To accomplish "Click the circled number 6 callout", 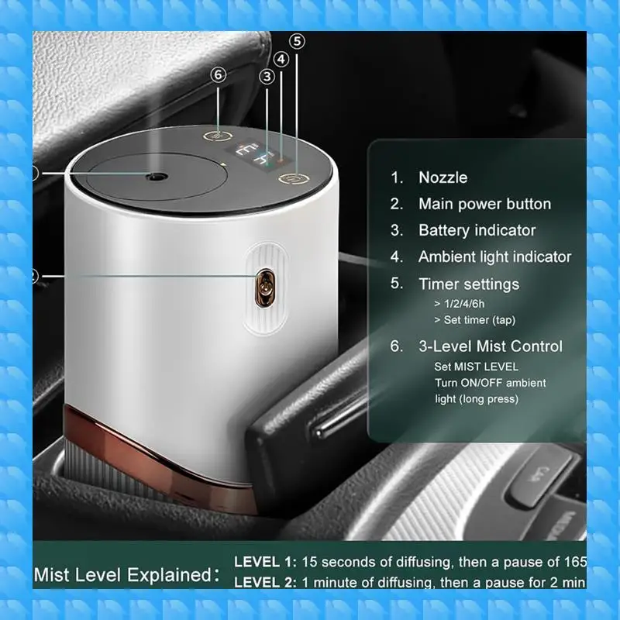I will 219,74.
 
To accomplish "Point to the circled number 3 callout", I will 267,76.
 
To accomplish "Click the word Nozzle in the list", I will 443,177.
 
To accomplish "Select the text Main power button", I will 484,204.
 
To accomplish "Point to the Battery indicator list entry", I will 477,230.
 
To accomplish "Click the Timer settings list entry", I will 469,284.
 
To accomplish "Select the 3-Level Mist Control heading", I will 491,346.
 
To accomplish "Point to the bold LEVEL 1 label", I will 265,561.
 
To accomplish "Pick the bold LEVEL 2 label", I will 265,582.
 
